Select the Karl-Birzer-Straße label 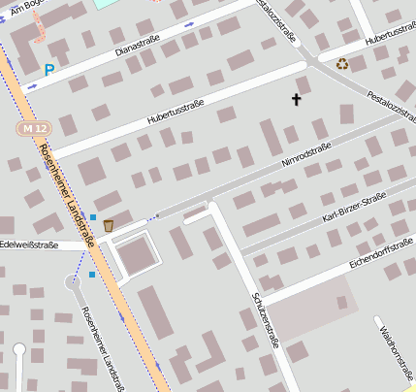[354, 209]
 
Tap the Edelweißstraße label [29, 245]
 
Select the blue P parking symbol [49, 70]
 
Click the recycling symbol [342, 65]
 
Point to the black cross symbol [297, 99]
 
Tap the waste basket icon [109, 225]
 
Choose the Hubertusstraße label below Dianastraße [176, 113]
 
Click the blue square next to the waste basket [93, 216]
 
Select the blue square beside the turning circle [92, 275]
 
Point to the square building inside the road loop [137, 254]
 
